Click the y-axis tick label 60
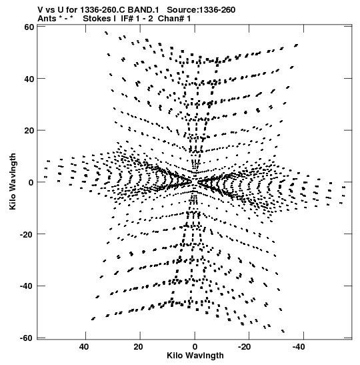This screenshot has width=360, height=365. pyautogui.click(x=29, y=27)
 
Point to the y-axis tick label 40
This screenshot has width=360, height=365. pyautogui.click(x=29, y=79)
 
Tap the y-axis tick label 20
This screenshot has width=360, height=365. pyautogui.click(x=29, y=131)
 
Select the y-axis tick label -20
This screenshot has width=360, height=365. pyautogui.click(x=27, y=234)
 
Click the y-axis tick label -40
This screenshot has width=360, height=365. pyautogui.click(x=27, y=286)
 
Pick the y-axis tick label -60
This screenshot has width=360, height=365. pyautogui.click(x=27, y=338)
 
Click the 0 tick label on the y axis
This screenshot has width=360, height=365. pyautogui.click(x=31, y=183)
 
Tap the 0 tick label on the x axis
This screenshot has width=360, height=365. pyautogui.click(x=195, y=347)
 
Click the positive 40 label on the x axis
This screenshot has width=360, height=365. pyautogui.click(x=84, y=347)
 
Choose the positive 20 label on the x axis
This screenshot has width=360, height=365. pyautogui.click(x=139, y=347)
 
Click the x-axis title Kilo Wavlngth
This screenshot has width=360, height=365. pyautogui.click(x=195, y=356)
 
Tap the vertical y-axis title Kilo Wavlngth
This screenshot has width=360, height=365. pyautogui.click(x=13, y=181)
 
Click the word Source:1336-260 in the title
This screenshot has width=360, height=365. pyautogui.click(x=201, y=10)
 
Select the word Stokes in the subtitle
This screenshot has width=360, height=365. pyautogui.click(x=99, y=19)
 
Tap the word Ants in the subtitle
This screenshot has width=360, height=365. pyautogui.click(x=47, y=19)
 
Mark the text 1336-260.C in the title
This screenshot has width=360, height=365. pyautogui.click(x=102, y=10)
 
